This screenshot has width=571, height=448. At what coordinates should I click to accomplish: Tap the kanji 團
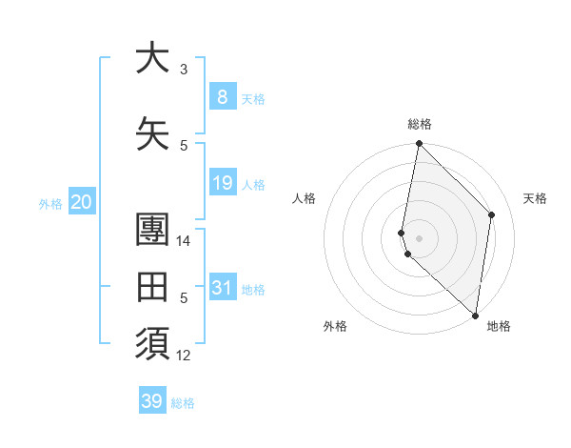pyautogui.click(x=151, y=230)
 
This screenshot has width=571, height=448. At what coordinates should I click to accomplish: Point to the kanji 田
pyautogui.click(x=151, y=286)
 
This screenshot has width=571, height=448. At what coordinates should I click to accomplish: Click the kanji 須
pyautogui.click(x=151, y=342)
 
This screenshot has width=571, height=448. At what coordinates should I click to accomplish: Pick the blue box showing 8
pyautogui.click(x=222, y=97)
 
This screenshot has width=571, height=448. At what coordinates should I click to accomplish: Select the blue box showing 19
pyautogui.click(x=222, y=183)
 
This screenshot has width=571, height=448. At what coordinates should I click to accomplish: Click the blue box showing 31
pyautogui.click(x=222, y=288)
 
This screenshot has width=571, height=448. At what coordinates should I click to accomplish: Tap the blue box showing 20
pyautogui.click(x=81, y=202)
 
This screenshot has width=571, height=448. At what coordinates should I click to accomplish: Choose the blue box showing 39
pyautogui.click(x=151, y=401)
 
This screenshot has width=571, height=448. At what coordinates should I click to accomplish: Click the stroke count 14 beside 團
pyautogui.click(x=184, y=241)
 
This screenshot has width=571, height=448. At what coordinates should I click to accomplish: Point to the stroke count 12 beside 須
pyautogui.click(x=184, y=356)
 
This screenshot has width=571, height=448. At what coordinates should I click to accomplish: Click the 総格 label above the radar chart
pyautogui.click(x=419, y=124)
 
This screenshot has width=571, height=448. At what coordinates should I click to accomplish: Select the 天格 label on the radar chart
pyautogui.click(x=535, y=198)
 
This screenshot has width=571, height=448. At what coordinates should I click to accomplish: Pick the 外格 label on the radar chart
pyautogui.click(x=335, y=326)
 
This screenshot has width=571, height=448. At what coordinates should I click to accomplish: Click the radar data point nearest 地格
pyautogui.click(x=475, y=316)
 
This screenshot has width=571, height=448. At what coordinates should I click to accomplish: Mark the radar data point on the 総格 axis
pyautogui.click(x=419, y=144)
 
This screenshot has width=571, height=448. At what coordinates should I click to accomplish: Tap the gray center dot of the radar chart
pyautogui.click(x=419, y=237)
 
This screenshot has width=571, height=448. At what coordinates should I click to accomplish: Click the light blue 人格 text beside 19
pyautogui.click(x=253, y=184)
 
